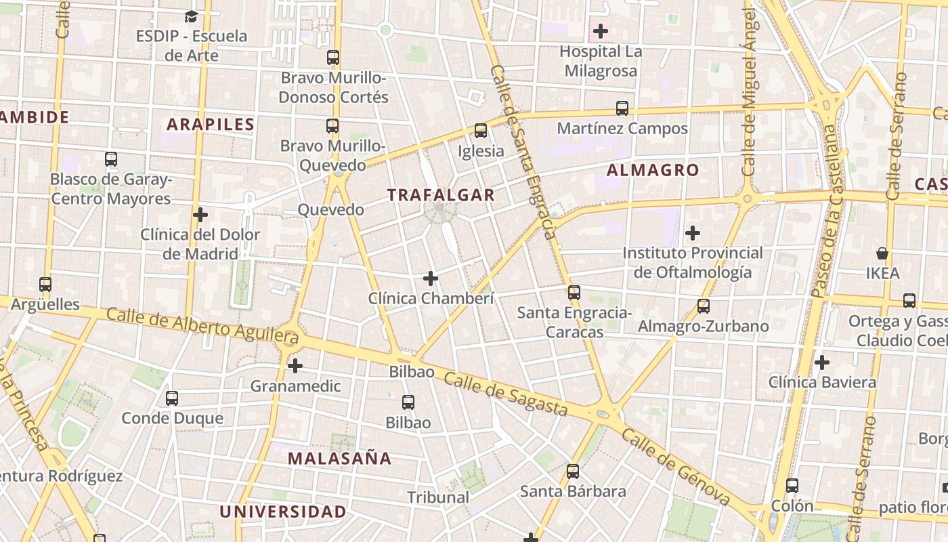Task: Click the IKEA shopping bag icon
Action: (x=882, y=253)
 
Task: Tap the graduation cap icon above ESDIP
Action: (x=192, y=16)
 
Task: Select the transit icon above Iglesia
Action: (x=481, y=131)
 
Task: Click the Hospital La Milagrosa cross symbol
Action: (x=601, y=31)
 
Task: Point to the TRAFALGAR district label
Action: (x=441, y=195)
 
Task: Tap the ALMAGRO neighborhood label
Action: (x=653, y=170)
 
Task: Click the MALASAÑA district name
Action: (x=340, y=458)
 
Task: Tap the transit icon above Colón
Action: (x=792, y=486)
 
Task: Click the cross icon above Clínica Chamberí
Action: (x=431, y=278)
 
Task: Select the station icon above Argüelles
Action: (x=45, y=285)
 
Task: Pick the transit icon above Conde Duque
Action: (x=172, y=398)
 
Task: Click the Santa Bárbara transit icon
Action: (x=573, y=472)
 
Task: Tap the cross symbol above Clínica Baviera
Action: (x=822, y=362)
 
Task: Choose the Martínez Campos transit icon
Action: (x=622, y=108)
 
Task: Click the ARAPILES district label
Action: (x=211, y=125)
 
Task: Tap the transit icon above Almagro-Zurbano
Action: (x=704, y=306)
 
